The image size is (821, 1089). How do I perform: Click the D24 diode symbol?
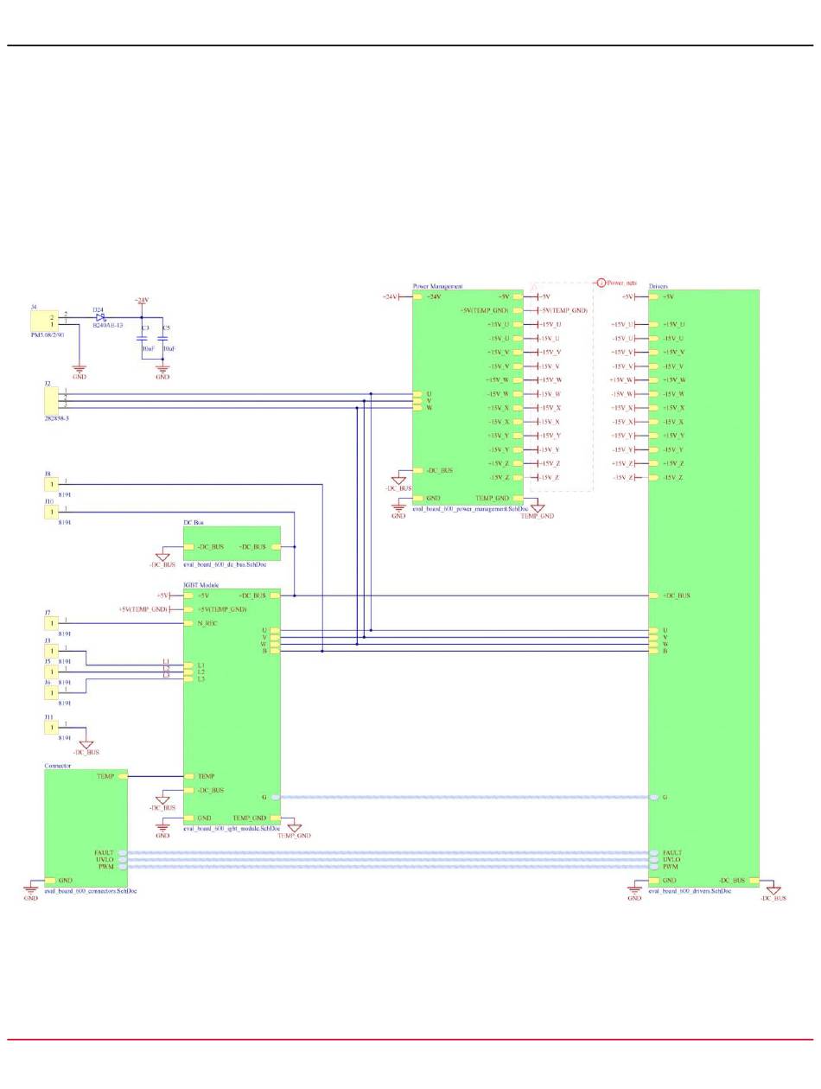(x=100, y=317)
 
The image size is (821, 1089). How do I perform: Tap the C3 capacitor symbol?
(x=142, y=338)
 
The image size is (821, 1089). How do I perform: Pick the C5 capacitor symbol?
(x=162, y=338)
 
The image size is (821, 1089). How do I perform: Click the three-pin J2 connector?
(x=51, y=399)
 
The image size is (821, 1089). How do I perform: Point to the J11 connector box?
(x=51, y=727)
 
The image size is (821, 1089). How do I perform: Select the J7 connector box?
(x=51, y=622)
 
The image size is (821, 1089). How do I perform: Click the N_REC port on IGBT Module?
(x=189, y=623)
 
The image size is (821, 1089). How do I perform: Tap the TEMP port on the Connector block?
(x=122, y=776)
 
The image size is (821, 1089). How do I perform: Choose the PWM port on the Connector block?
(x=122, y=866)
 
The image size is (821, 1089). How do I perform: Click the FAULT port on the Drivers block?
(x=654, y=852)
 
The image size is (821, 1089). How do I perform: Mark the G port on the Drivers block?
(x=654, y=797)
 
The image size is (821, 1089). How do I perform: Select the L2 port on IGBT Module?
(x=189, y=672)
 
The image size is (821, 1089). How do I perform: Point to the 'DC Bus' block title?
(x=194, y=523)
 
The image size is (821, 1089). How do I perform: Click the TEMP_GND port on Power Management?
(x=518, y=498)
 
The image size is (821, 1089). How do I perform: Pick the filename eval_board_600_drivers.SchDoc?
(x=690, y=889)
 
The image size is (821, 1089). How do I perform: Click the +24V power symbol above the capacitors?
(x=142, y=300)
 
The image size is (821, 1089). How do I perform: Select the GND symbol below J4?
(x=79, y=372)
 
